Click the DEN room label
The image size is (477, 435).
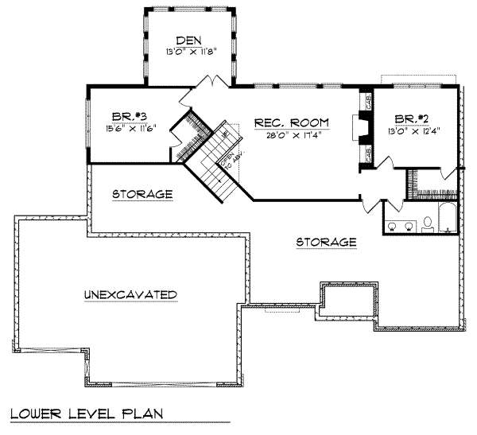point(188,39)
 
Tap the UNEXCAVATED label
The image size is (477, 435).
point(130,294)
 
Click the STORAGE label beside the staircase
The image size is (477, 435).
point(142,193)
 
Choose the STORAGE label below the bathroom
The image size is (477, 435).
point(326,241)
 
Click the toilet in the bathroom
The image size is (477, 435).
point(427,224)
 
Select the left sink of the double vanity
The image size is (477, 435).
point(394,226)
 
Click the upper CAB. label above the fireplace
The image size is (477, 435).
point(368,102)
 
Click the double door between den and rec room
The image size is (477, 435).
point(211,82)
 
